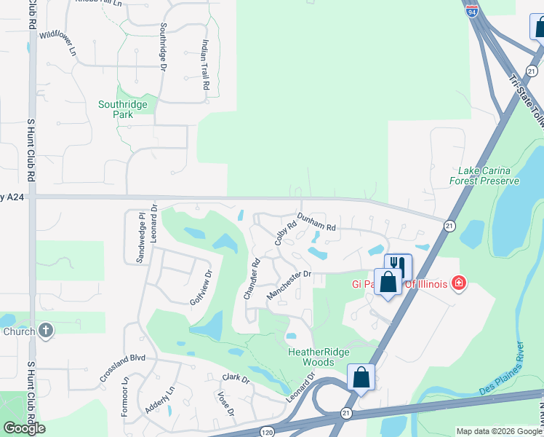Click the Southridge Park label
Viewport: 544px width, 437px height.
pos(123,109)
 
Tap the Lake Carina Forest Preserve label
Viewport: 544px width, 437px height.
pos(484,176)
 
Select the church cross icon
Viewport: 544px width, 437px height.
pos(45,331)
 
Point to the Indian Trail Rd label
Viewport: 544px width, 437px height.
pos(206,64)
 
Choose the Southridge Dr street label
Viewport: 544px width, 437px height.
pos(163,46)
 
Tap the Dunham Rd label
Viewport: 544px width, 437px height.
pos(316,222)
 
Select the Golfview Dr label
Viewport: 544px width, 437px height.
pos(201,288)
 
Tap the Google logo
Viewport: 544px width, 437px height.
pos(24,428)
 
